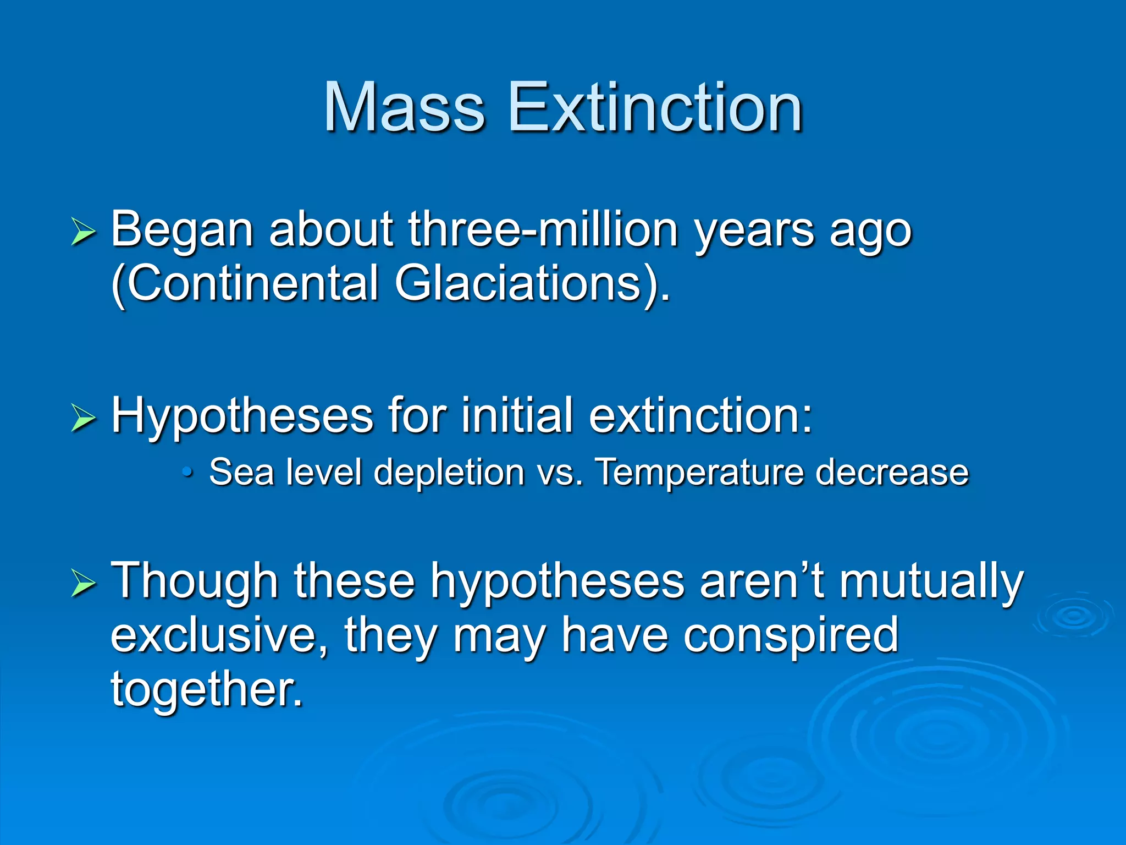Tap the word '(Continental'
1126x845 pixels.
pyautogui.click(x=245, y=284)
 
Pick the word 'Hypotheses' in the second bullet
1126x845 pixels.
pyautogui.click(x=242, y=417)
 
